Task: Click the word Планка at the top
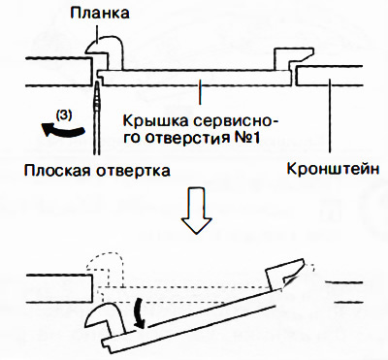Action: click(x=99, y=14)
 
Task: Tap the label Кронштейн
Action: click(x=333, y=169)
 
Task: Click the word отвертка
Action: click(x=133, y=170)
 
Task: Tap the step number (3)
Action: click(x=63, y=115)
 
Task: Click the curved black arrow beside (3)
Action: click(x=62, y=130)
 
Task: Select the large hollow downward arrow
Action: click(x=196, y=210)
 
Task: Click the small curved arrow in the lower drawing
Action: click(x=140, y=312)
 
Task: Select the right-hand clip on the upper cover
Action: click(x=293, y=58)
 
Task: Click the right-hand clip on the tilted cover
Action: click(x=284, y=273)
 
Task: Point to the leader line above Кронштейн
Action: click(x=330, y=115)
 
